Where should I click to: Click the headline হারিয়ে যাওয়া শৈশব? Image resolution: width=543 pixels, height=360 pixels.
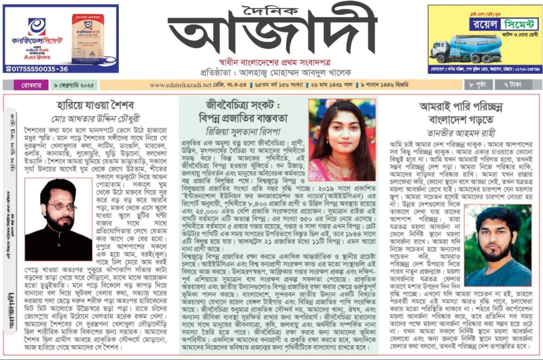click(91, 104)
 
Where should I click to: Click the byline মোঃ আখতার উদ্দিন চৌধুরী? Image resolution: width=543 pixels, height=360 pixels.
click(90, 116)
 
